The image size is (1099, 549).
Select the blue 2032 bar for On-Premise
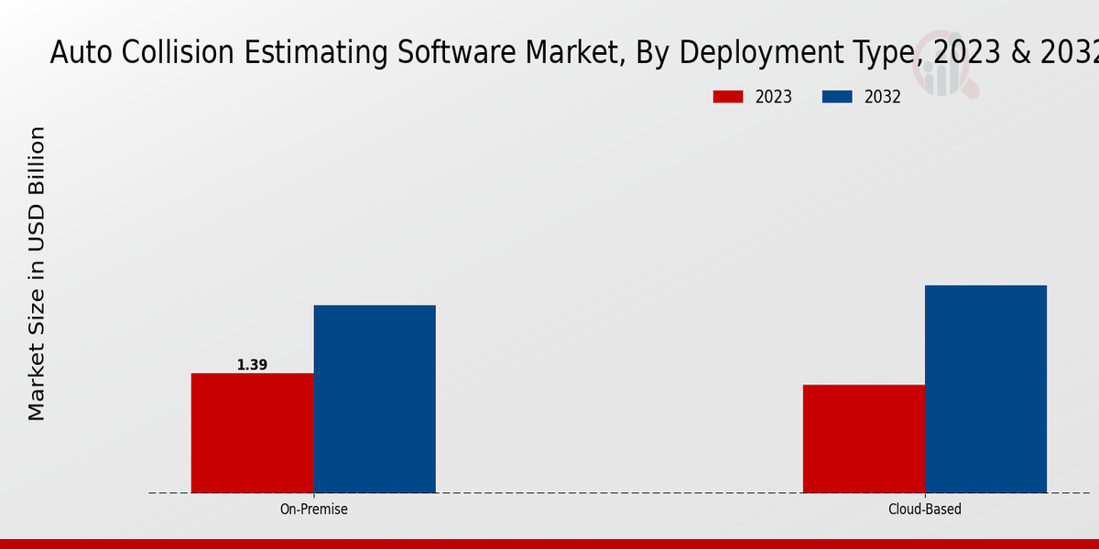point(375,399)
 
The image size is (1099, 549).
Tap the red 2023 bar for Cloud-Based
point(864,438)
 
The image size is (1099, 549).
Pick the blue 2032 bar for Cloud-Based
point(985,389)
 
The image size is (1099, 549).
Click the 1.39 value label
point(252,365)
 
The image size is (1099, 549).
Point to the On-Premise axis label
point(313,509)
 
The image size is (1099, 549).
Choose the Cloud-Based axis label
point(925,509)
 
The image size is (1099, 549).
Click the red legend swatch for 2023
point(728,97)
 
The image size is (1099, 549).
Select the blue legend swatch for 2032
point(837,97)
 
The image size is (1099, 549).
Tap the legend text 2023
point(774,97)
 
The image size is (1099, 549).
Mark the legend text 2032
point(883,97)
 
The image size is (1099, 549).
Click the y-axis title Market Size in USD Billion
point(37,274)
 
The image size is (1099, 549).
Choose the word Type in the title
point(876,54)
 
